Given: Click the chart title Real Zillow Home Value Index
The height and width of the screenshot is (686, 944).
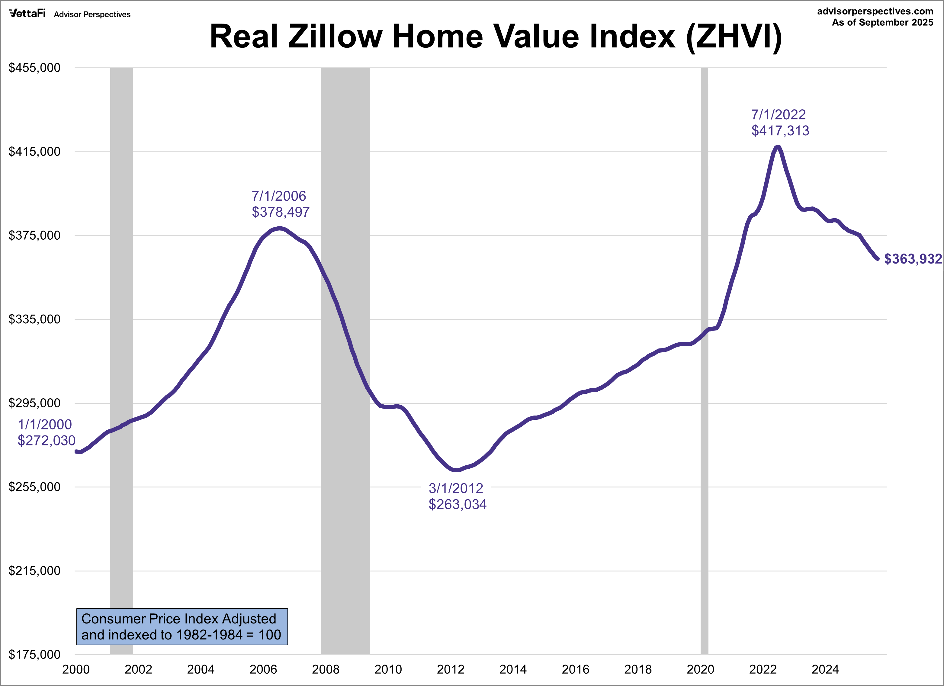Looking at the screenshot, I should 495,37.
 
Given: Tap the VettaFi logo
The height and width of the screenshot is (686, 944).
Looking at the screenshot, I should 27,13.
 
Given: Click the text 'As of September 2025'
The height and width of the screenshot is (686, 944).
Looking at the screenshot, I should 882,22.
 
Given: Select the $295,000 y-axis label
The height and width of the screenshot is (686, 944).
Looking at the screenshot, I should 34,403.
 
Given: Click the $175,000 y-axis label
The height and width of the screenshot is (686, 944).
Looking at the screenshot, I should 34,654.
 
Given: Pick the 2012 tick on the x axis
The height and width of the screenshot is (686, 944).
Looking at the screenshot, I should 450,669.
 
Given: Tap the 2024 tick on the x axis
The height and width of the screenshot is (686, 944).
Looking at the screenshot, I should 825,669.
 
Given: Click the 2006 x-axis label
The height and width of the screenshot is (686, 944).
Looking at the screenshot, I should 263,669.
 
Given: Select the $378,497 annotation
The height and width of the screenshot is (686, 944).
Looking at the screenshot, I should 281,212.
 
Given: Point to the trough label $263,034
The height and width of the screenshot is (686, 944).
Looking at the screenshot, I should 458,504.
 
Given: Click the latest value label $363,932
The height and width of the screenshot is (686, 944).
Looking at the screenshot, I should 912,259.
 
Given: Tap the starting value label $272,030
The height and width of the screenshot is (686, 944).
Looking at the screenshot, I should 46,440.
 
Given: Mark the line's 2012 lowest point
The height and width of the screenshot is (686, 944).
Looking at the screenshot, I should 457,470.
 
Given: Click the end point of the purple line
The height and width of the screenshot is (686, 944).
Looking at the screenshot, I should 877,259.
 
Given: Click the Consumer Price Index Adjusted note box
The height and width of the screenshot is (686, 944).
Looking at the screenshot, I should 182,626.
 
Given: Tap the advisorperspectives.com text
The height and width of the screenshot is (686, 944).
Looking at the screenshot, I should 875,11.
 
